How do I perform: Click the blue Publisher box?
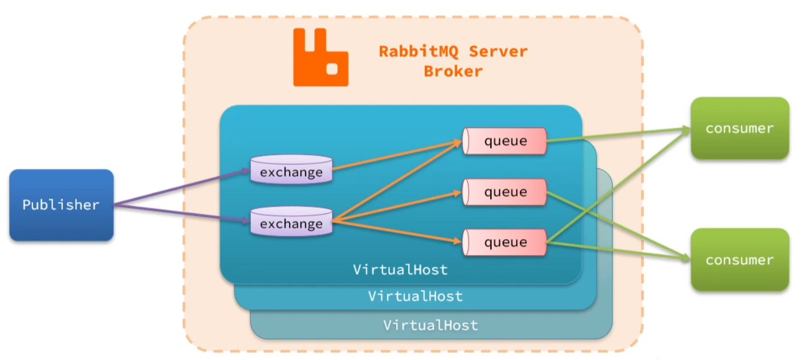coord(62,205)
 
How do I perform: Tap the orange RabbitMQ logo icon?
coord(320,58)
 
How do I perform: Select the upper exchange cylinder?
coord(291,169)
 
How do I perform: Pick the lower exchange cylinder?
coord(291,221)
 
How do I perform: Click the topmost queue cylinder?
coord(505,141)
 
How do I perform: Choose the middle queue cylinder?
coord(505,192)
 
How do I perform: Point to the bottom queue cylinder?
coord(505,242)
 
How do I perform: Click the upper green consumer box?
coord(740,128)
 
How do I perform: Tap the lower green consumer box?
coord(740,260)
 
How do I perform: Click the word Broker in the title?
coord(453,72)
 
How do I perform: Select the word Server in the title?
coord(498,51)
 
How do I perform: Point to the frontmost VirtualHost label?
coord(400,269)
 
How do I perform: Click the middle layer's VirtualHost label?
coord(415,296)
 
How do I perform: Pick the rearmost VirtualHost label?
coord(431,325)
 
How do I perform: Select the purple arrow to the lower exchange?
coord(182,213)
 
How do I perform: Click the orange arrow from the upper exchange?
coord(396,155)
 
